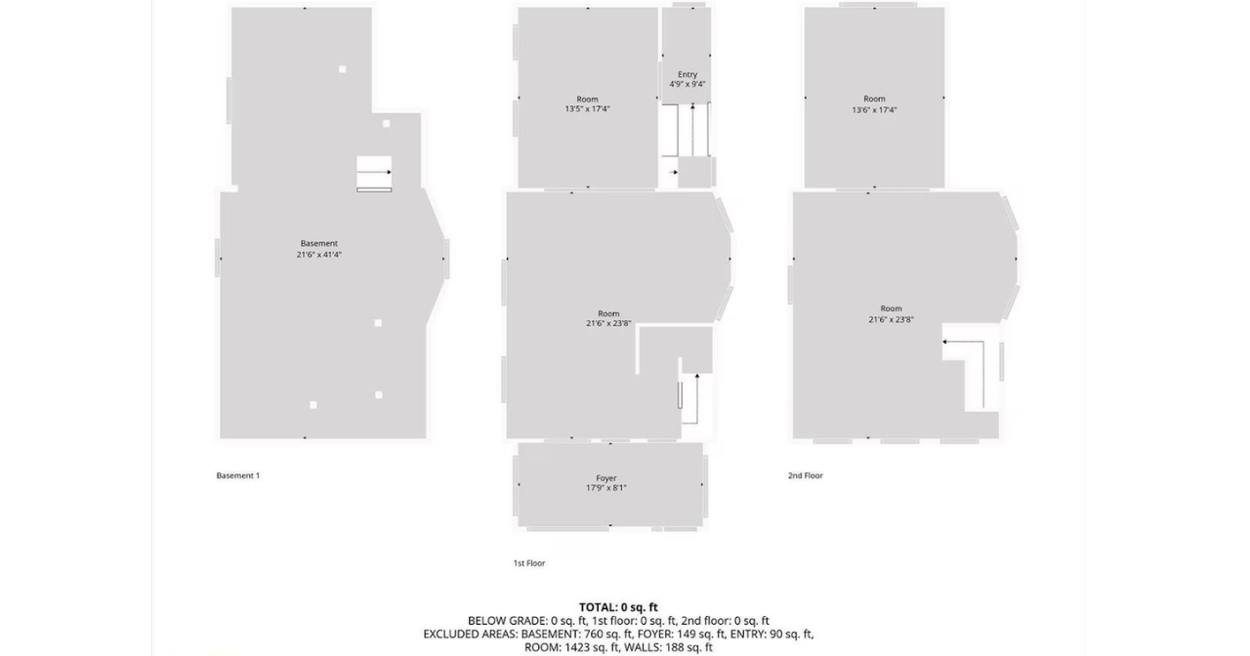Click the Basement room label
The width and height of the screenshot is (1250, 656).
coord(319,243)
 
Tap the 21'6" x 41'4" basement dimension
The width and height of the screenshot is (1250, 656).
coord(319,255)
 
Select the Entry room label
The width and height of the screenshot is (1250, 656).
coord(687,74)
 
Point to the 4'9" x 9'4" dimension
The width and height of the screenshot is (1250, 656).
coord(687,85)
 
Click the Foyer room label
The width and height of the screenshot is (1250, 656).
coord(606,478)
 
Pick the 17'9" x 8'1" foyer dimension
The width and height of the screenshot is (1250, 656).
coord(606,488)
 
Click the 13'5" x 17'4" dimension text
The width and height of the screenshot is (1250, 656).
coord(587,109)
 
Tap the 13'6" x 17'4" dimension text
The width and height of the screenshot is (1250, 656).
coord(874,110)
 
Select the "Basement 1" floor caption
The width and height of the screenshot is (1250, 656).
coord(238,475)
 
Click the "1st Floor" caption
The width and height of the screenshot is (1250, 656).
coord(529,563)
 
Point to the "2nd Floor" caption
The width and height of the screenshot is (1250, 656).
coord(806,475)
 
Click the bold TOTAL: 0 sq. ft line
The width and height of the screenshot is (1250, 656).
coord(618,607)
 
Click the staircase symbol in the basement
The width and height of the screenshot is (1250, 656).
coord(374,174)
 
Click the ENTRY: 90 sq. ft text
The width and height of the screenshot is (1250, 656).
coord(763,634)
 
